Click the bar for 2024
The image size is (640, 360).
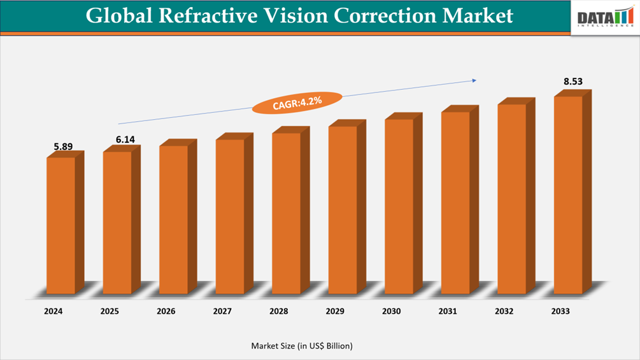[61, 225]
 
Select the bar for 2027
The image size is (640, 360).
[230, 216]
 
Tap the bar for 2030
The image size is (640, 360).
[399, 206]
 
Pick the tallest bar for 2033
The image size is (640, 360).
[568, 194]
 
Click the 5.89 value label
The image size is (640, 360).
[63, 147]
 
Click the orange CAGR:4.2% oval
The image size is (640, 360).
[297, 103]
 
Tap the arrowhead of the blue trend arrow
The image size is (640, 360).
[473, 80]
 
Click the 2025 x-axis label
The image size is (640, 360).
[110, 312]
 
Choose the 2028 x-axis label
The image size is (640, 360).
[278, 312]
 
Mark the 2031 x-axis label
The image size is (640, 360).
[448, 312]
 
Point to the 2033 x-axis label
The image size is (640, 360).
[560, 312]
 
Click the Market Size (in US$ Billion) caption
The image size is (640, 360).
[302, 345]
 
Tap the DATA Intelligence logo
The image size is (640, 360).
[604, 18]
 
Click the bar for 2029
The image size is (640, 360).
[343, 210]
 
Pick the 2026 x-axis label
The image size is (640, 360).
[166, 312]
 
